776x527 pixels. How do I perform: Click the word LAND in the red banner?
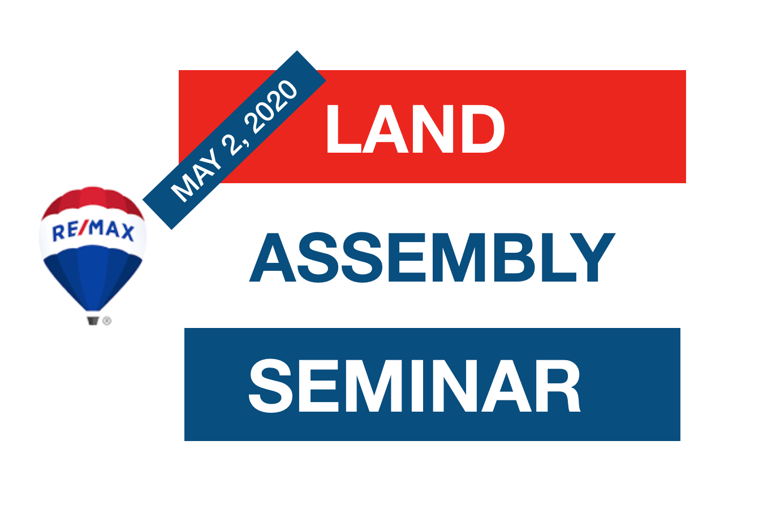[415, 128]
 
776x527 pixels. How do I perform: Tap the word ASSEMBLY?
[432, 257]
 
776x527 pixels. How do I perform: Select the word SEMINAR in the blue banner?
[415, 386]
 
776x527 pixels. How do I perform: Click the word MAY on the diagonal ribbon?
[196, 176]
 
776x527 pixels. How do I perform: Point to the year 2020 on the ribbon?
[271, 107]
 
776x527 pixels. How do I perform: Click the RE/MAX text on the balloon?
[93, 231]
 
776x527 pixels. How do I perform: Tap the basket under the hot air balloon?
[93, 321]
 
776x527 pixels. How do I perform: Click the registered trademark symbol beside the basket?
[107, 321]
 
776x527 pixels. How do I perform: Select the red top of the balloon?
[93, 200]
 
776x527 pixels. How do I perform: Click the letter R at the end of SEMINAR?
[558, 386]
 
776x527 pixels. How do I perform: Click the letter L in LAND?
[344, 129]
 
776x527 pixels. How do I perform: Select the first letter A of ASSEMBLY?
[273, 257]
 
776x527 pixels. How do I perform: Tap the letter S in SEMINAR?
[270, 386]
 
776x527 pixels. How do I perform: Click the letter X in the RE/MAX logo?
[127, 233]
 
